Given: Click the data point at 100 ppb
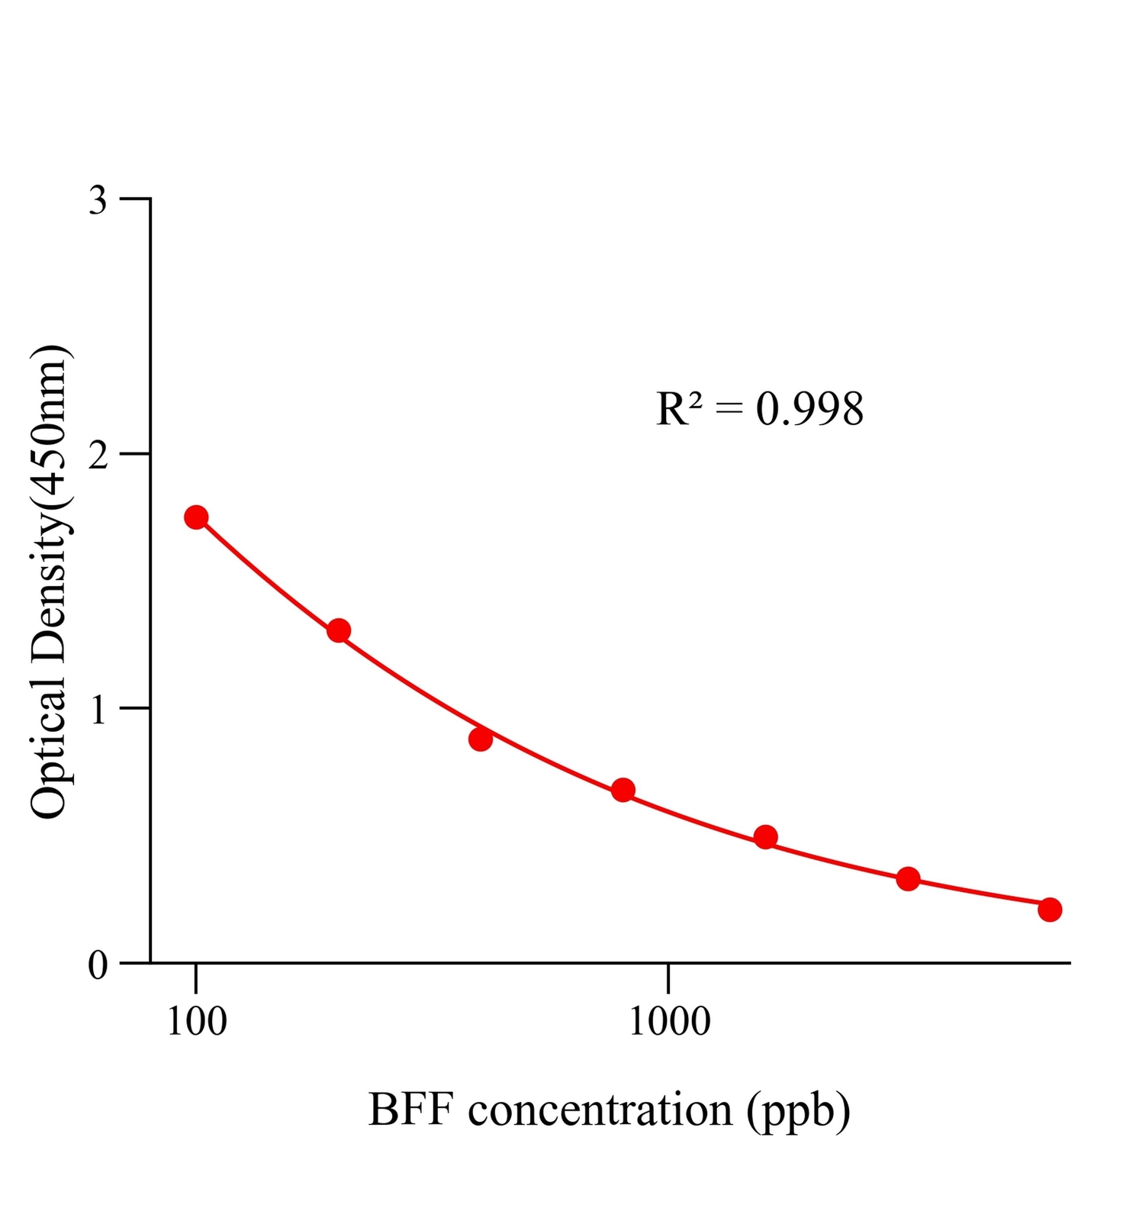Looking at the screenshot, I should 196,517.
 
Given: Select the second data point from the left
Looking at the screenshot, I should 339,630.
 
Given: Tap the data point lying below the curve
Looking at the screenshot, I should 481,739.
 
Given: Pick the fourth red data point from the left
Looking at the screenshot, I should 623,790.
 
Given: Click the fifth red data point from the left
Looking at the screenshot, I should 765,837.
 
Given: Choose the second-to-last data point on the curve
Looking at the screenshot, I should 908,878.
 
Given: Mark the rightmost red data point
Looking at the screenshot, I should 1050,910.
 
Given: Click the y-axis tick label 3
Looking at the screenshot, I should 98,201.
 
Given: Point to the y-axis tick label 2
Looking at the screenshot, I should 98,456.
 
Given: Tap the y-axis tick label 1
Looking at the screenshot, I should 98,710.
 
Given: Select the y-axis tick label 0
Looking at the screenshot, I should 98,965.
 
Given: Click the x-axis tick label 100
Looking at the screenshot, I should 197,1022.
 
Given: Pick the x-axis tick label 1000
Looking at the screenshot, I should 669,1022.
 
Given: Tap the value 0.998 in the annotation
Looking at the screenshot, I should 809,409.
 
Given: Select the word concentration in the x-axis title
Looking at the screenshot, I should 600,1111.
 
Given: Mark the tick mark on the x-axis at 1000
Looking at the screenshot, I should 668,978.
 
